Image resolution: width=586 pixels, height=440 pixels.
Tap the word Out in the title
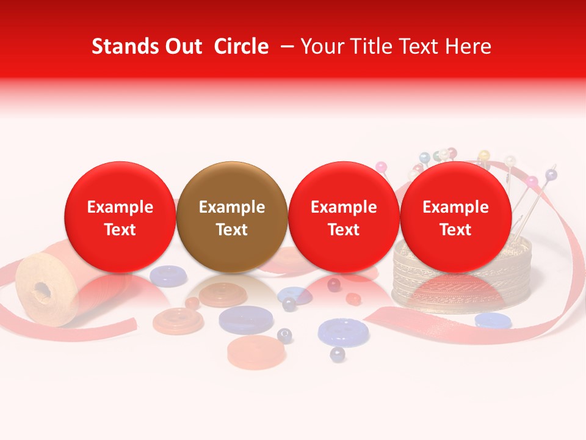click(x=182, y=46)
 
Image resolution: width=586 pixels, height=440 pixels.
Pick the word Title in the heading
click(x=369, y=46)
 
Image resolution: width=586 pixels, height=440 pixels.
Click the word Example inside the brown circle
click(x=232, y=207)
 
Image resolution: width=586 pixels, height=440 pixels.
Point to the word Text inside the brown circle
click(x=232, y=230)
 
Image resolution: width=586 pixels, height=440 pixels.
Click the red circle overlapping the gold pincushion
click(x=455, y=217)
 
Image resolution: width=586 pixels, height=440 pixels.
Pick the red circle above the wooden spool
click(x=120, y=217)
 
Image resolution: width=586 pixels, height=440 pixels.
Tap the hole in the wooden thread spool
click(x=42, y=288)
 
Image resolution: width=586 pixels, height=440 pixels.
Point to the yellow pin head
click(x=484, y=155)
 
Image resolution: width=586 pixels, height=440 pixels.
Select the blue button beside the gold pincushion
click(x=493, y=320)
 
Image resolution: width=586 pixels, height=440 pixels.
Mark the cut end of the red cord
click(x=374, y=317)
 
